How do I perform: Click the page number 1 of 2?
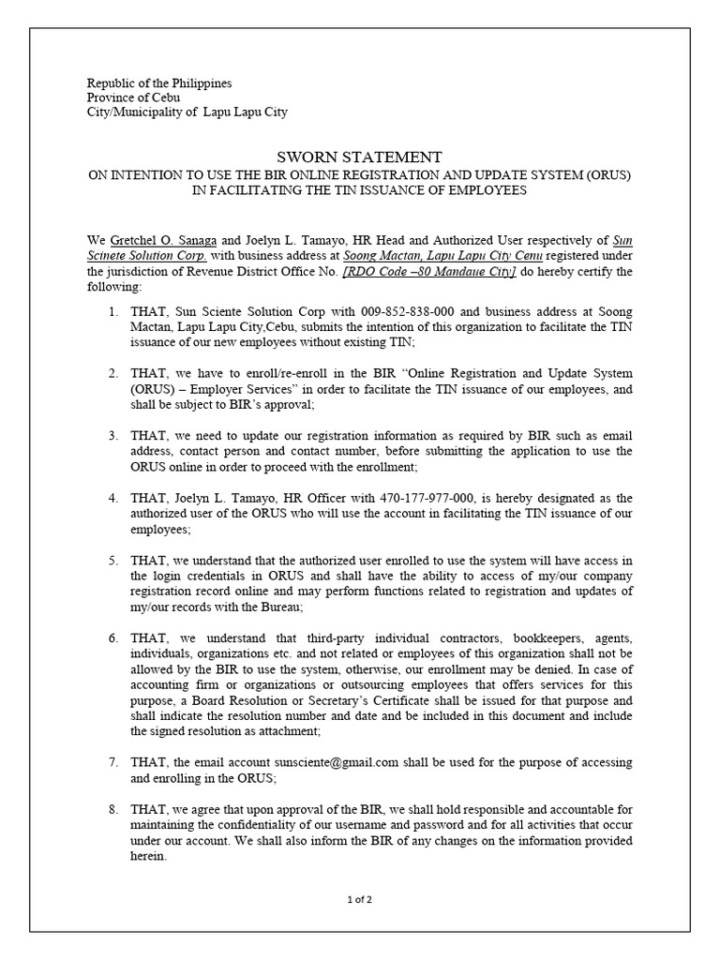click(x=360, y=900)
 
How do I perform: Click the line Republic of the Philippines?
click(x=159, y=83)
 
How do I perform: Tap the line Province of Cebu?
click(x=133, y=97)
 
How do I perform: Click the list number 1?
click(x=112, y=311)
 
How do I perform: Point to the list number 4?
click(x=112, y=497)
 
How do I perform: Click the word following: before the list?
click(x=113, y=286)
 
